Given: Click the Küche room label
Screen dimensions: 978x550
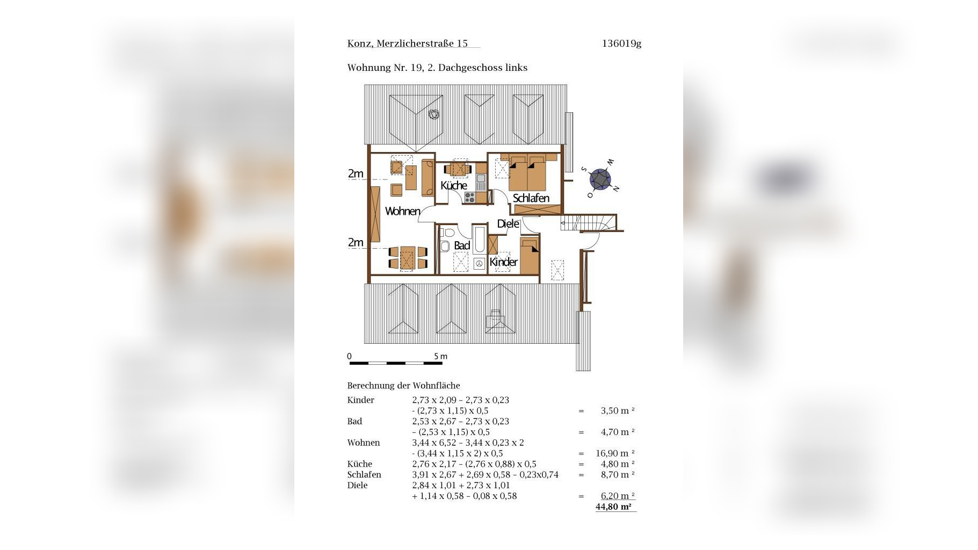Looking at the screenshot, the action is click(454, 185).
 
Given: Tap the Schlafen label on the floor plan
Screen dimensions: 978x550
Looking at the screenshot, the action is click(531, 198).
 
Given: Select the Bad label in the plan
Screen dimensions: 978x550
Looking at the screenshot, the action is click(462, 245).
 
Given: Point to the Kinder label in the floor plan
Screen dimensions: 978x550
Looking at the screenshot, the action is click(504, 262).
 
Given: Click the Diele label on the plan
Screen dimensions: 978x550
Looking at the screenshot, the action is click(508, 223).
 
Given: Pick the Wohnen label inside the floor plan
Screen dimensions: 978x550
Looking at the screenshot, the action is click(403, 211).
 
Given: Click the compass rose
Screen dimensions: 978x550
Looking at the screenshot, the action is click(600, 179).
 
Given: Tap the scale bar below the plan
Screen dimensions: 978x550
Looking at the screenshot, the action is click(396, 364).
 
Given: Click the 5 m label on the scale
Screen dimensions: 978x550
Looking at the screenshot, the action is click(440, 356).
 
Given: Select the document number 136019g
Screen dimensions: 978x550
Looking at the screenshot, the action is click(621, 44).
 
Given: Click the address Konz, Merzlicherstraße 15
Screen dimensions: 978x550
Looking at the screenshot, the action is click(408, 44).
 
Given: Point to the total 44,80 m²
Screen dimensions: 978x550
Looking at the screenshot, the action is click(613, 506).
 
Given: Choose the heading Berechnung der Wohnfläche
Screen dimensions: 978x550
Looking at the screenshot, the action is click(403, 386).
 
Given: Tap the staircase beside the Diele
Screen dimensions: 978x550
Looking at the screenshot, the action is click(589, 222).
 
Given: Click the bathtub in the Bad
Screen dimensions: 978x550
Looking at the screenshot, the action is click(480, 239).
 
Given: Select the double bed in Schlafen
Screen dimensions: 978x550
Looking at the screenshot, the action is click(527, 173).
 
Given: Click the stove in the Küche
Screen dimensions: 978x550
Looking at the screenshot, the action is click(470, 197).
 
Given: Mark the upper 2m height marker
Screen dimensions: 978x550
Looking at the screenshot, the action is click(356, 173).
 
